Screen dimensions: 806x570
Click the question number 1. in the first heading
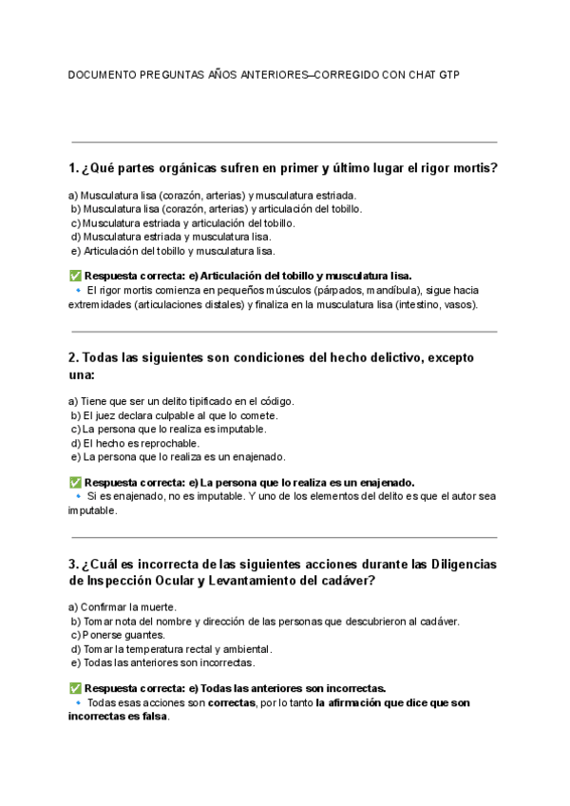point(73,168)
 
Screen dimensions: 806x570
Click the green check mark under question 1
point(75,276)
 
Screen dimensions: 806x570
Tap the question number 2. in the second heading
point(73,358)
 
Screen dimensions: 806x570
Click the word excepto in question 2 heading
point(451,358)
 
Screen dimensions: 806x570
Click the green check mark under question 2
point(75,482)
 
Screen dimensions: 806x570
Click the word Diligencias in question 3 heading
point(463,564)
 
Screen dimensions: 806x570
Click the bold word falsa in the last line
point(155,717)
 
